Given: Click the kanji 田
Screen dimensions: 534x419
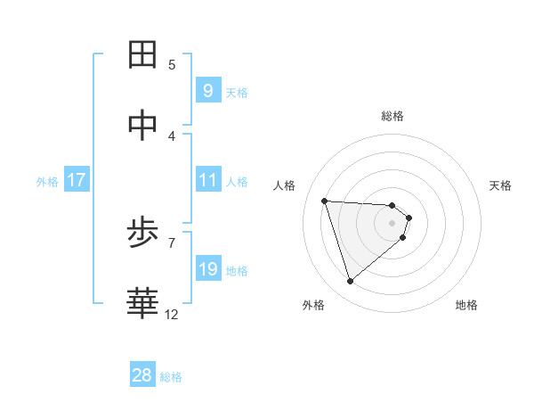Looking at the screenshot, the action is point(143,54).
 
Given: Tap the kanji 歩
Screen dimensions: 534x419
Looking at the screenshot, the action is point(143,234).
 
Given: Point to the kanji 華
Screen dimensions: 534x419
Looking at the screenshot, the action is point(143,303).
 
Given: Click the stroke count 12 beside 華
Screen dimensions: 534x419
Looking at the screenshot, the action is point(171,314).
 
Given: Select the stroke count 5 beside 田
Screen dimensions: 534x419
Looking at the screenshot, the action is point(172,64).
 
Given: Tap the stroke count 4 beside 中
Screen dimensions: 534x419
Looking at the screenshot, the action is point(172,136).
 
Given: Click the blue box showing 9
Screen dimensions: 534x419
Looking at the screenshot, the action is point(208,90).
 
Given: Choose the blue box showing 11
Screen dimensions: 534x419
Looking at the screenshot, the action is point(208,180).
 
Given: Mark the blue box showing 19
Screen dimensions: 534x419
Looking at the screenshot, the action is point(208,269).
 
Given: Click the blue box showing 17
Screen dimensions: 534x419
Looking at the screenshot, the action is point(77,180).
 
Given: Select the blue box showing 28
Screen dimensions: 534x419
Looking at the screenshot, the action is point(142,375).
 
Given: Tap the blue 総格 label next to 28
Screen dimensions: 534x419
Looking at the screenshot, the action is point(172,377).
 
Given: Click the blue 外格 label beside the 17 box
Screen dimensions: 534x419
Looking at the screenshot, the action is point(47,182).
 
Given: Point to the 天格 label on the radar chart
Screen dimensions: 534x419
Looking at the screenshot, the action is point(501,185).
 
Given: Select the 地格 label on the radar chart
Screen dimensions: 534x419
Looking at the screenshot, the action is point(466,305).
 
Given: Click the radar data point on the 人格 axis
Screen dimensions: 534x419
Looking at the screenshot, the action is point(324,201).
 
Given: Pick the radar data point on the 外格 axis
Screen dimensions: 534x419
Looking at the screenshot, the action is point(350,282).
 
